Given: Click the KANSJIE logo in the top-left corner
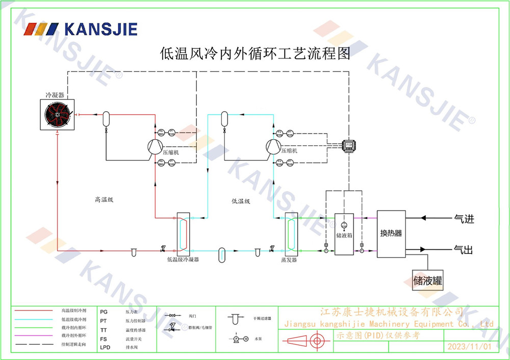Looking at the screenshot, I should (81, 29).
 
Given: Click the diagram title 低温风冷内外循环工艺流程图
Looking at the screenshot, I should (255, 54).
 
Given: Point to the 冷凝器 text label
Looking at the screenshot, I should (55, 95).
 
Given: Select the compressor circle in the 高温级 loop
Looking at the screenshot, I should (155, 146).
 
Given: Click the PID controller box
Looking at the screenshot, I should (349, 145).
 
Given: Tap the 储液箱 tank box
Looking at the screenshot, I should (344, 234).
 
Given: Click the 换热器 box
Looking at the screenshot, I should (391, 234).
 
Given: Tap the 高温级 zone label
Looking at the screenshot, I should (104, 200).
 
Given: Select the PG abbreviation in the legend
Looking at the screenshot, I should (104, 311).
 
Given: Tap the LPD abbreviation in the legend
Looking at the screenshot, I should (105, 347).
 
